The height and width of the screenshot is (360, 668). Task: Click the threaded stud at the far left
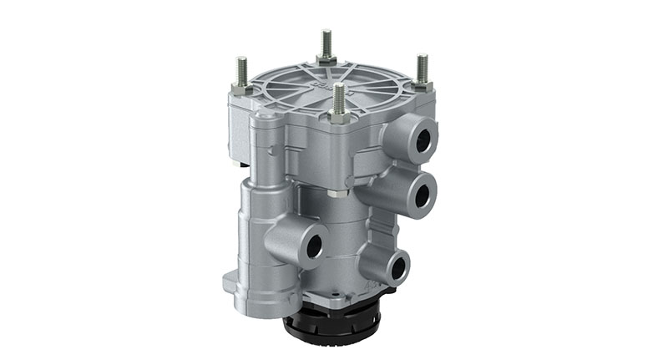[x=242, y=70]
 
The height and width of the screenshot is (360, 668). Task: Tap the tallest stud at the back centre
[x=326, y=43]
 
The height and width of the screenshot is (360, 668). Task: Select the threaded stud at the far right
[x=422, y=68]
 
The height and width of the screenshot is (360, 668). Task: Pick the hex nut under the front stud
[x=339, y=116]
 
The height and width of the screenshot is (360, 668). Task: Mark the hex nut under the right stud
[x=422, y=85]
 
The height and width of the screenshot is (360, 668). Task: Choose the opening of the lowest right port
[x=399, y=268]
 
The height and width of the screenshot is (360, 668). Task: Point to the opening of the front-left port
[x=314, y=245]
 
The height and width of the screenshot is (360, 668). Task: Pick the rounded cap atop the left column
[x=266, y=125]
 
